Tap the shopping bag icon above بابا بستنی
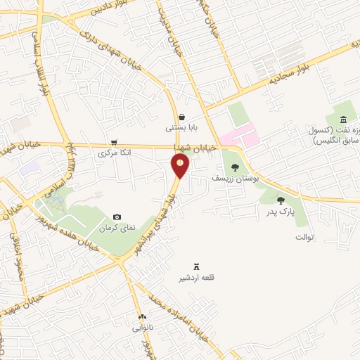pyautogui.click(x=182, y=117)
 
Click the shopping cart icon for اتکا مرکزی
pyautogui.click(x=113, y=141)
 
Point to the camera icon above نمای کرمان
pyautogui.click(x=117, y=217)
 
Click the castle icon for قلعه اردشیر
pyautogui.click(x=197, y=266)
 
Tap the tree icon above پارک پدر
pyautogui.click(x=281, y=200)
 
